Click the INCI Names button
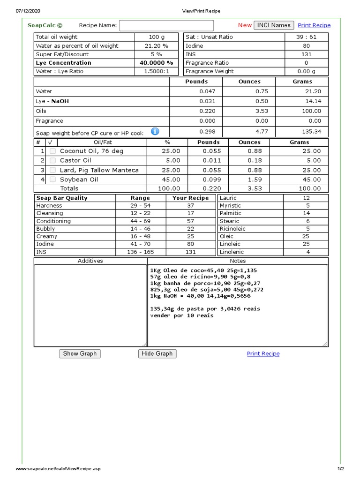coord(274,25)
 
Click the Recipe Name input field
coord(166,25)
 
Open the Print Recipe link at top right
coord(314,25)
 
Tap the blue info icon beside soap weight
coord(155,132)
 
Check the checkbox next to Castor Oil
coord(53,161)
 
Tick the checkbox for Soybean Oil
coord(53,180)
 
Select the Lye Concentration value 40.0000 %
coord(157,63)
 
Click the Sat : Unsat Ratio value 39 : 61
coord(306,37)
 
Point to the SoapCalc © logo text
coord(45,25)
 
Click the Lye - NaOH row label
coord(52,101)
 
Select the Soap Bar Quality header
coord(62,198)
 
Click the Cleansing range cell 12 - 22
coord(141,213)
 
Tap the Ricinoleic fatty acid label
coord(233,229)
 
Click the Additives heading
coord(90,261)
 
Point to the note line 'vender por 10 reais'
coord(181,315)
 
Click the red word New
coord(245,25)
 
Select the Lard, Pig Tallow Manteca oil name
coord(99,170)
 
